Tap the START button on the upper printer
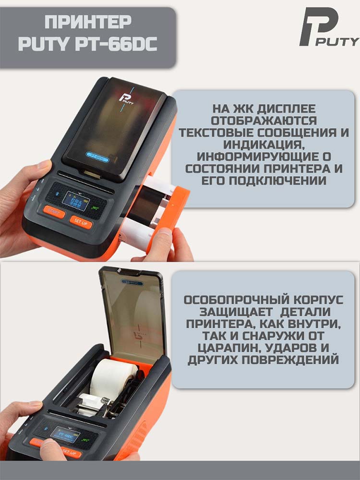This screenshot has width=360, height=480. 54,212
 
